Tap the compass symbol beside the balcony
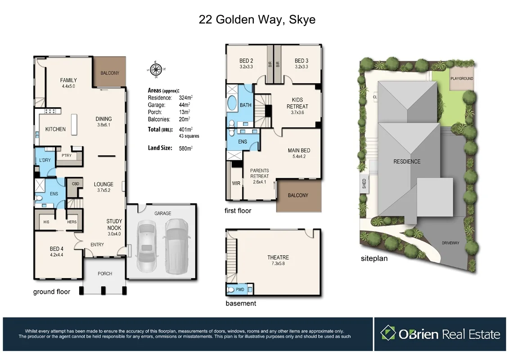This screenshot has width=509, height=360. [x=156, y=69]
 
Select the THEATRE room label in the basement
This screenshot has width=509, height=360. [x=278, y=257]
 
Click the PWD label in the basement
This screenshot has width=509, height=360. [x=239, y=290]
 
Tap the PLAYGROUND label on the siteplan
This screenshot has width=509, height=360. [x=462, y=78]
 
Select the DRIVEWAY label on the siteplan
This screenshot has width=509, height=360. [x=450, y=243]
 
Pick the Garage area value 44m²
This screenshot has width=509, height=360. [x=185, y=105]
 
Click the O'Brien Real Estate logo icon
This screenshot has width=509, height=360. [x=387, y=333]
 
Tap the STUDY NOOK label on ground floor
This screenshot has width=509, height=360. [x=114, y=224]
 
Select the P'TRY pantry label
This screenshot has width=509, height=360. [x=67, y=150]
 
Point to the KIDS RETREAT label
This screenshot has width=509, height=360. [x=297, y=103]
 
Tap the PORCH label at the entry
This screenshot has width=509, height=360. [x=105, y=274]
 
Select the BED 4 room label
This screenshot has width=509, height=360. [x=57, y=251]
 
